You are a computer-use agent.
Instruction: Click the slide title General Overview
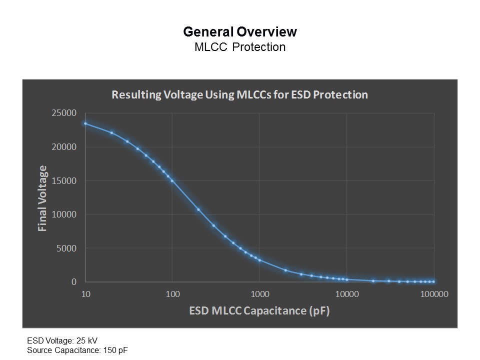click(x=240, y=32)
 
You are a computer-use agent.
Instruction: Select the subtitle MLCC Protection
click(x=240, y=47)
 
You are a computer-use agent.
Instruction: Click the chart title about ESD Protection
click(x=239, y=94)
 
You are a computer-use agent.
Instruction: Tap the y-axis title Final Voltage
click(x=42, y=198)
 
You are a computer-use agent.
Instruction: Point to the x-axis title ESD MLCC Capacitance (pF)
click(x=259, y=310)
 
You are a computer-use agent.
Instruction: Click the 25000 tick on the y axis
click(x=64, y=113)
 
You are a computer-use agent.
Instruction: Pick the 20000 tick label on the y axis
click(x=64, y=147)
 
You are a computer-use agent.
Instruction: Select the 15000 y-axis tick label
click(x=64, y=180)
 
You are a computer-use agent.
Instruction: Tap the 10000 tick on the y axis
click(x=64, y=214)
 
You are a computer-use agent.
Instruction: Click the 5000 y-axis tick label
click(x=66, y=248)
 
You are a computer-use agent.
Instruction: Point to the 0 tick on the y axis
click(x=74, y=282)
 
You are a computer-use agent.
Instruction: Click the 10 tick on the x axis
click(x=85, y=294)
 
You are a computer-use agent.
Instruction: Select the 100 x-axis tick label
click(x=172, y=294)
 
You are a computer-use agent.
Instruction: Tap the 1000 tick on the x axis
click(x=260, y=294)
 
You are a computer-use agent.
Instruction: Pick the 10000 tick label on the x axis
click(x=347, y=294)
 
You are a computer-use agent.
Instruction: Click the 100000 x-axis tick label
click(x=434, y=294)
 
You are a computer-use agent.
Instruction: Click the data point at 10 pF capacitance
click(x=85, y=123)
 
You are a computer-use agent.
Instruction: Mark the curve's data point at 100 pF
click(x=172, y=180)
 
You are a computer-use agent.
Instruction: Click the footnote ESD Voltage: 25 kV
click(x=62, y=340)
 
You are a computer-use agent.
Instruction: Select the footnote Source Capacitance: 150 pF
click(x=77, y=350)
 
